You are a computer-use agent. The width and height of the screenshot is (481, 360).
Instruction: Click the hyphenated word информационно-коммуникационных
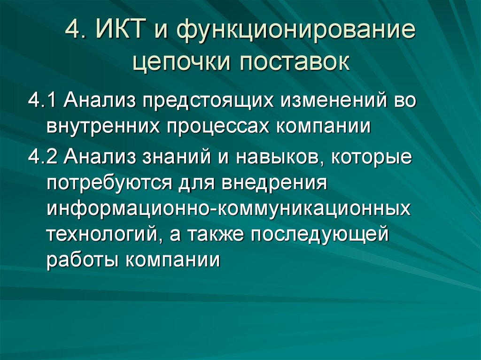pyautogui.click(x=228, y=209)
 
